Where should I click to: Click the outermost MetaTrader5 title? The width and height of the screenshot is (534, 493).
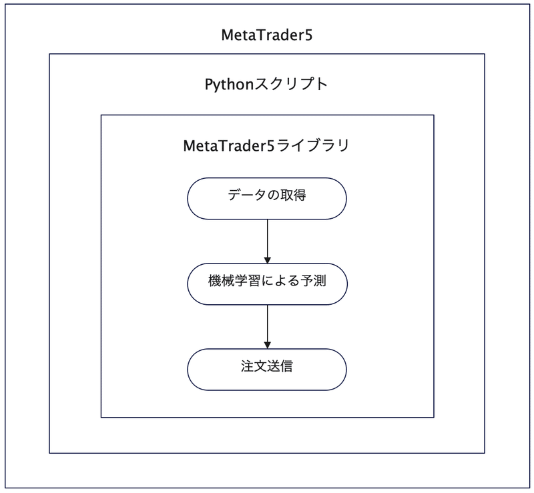coord(267,35)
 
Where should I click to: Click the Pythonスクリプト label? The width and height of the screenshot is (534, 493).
coord(266,85)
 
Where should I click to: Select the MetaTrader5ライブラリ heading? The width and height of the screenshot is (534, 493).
coord(266,145)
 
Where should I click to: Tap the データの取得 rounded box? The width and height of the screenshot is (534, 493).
coord(267,198)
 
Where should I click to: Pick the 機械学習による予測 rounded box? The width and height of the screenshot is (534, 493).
coord(267,284)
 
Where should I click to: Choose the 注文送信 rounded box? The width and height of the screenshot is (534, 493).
coord(267,368)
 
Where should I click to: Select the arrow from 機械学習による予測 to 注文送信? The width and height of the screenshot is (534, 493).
coord(267,326)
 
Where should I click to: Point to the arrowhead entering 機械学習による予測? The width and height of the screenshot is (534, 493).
coord(267,259)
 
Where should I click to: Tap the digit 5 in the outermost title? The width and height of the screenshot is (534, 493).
coord(309,35)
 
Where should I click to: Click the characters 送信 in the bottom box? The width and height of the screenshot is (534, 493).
coord(281,368)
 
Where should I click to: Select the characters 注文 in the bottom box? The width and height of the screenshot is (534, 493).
coord(254,368)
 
